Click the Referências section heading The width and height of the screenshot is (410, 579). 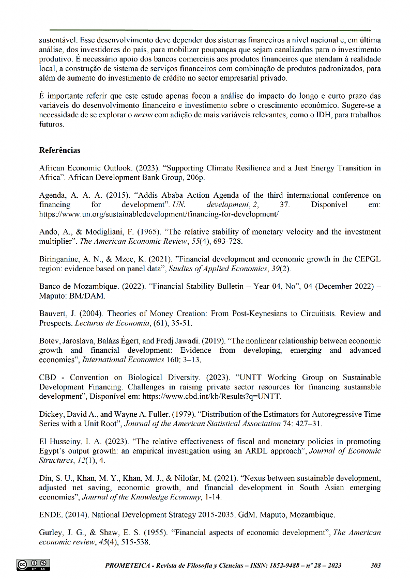click(60, 151)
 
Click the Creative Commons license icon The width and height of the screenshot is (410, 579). click(34, 565)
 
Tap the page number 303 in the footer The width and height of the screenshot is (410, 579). click(376, 566)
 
